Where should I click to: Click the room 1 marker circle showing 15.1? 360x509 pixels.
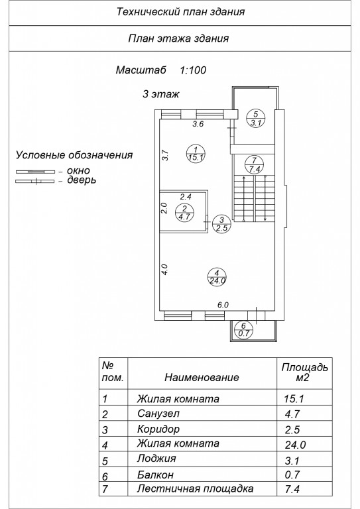coord(196,154)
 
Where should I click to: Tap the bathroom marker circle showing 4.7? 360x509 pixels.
coord(184,213)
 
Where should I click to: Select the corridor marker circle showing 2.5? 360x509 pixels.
coord(221,223)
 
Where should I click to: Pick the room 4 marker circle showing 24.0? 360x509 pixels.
coord(217,277)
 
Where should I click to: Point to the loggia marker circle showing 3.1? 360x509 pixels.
coord(255,118)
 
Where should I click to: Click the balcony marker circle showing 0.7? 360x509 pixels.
coord(243,329)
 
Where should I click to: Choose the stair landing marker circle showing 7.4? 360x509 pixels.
coord(254,164)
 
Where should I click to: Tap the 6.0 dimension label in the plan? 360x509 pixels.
coord(223,305)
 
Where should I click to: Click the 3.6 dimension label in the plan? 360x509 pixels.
coord(198,124)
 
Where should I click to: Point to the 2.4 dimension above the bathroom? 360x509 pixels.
coord(186,196)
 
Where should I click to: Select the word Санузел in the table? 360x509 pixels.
coord(158,414)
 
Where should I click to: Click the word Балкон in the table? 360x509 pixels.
coord(155,475)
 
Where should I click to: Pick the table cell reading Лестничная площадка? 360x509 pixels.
coord(195,488)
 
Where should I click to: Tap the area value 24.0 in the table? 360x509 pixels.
coord(295,445)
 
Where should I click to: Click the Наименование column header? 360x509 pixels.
coord(202,377)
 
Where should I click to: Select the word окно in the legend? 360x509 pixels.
coord(78,170)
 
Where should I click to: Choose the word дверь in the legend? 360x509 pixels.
coord(82,180)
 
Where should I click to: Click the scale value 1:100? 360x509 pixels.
coord(193,70)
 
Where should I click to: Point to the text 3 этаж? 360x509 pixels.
coord(160,94)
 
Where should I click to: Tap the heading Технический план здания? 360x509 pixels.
coord(180,12)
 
